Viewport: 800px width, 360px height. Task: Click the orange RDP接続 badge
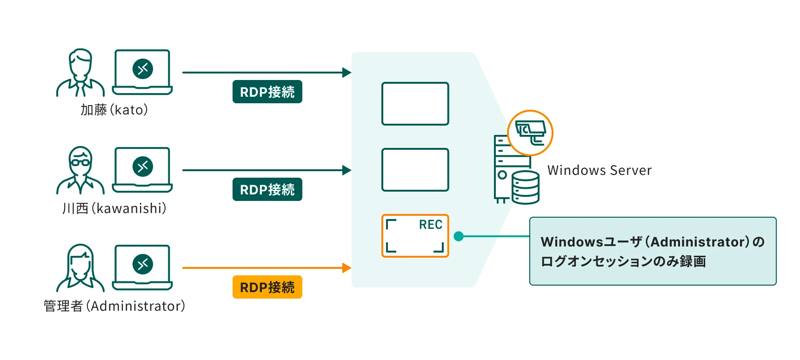(267, 287)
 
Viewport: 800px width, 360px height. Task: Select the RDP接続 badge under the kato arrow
(267, 92)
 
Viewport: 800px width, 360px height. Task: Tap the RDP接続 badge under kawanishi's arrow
(267, 189)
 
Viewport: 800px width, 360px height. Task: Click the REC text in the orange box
(430, 225)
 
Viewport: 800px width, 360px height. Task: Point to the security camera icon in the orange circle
(530, 133)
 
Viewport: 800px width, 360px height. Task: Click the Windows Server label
(599, 170)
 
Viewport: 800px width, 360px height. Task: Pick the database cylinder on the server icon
(526, 187)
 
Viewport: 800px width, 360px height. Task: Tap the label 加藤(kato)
(114, 110)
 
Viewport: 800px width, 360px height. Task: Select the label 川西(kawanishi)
(114, 208)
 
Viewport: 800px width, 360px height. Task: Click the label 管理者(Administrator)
(114, 306)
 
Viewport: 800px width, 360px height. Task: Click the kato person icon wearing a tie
(80, 73)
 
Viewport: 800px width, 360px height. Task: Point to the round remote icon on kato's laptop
(143, 69)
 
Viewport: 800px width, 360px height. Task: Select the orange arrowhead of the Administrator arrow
(347, 268)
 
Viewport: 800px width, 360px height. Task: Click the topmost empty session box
(415, 104)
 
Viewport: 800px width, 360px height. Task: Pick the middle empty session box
(415, 170)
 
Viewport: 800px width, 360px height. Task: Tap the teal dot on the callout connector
(459, 236)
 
